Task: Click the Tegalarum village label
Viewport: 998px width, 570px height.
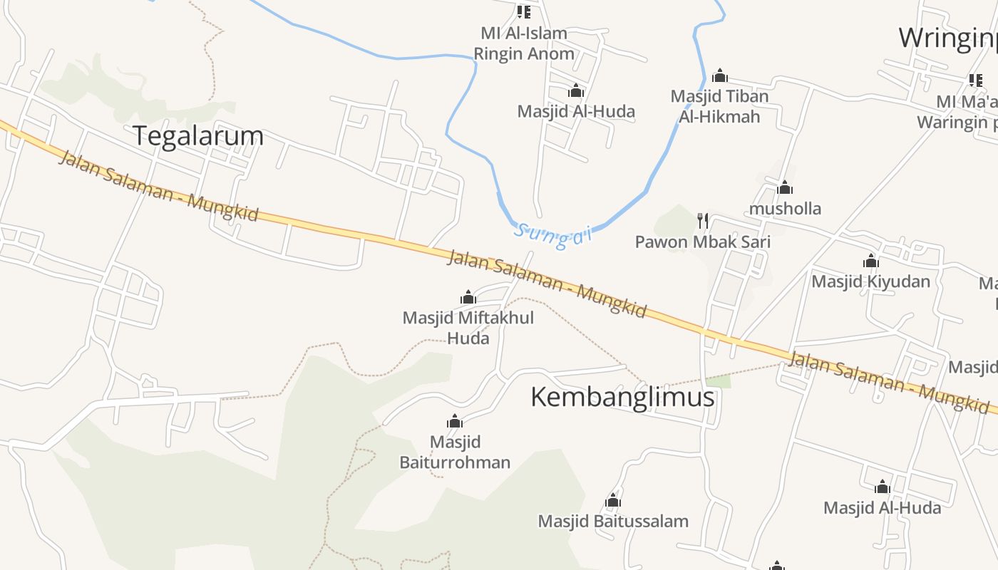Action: point(198,135)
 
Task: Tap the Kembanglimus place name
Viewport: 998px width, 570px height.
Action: point(622,397)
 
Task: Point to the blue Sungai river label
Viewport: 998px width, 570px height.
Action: point(553,236)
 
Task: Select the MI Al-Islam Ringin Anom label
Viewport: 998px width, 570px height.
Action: point(524,43)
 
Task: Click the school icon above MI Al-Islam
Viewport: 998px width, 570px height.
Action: point(524,11)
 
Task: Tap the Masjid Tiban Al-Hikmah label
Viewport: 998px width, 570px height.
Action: point(719,106)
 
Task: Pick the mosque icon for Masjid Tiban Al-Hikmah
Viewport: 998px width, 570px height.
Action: point(720,76)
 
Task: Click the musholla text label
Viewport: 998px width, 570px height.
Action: point(784,208)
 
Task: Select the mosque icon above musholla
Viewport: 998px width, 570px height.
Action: point(785,187)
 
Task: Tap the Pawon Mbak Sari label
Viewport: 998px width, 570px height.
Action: point(702,242)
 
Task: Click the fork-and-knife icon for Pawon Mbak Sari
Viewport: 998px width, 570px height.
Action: point(703,220)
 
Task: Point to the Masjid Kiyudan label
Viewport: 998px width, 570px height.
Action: point(870,281)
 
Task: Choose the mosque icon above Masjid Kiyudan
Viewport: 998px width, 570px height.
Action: point(870,261)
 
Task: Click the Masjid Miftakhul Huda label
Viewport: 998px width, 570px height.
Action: point(468,327)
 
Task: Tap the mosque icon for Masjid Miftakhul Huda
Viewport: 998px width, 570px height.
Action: point(468,296)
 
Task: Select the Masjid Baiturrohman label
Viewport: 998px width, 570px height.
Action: point(455,452)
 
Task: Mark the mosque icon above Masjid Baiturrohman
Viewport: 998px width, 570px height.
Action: point(455,421)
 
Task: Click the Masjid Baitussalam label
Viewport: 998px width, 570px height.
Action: point(613,521)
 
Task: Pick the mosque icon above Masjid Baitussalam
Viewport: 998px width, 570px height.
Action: point(613,500)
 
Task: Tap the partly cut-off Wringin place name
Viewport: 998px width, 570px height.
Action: point(947,38)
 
